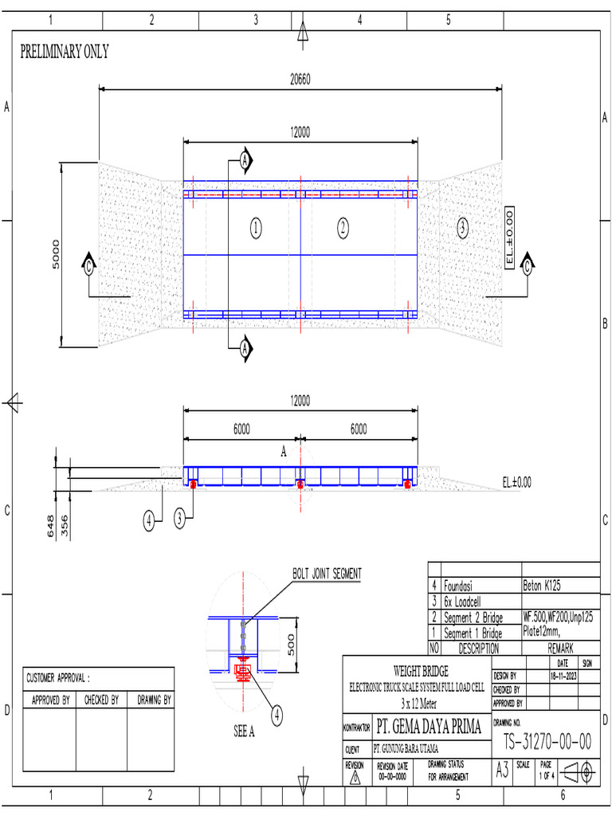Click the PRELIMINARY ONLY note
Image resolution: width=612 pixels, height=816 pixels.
(64, 53)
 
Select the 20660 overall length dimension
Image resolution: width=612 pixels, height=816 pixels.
(300, 80)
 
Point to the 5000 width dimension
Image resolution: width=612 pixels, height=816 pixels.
(55, 255)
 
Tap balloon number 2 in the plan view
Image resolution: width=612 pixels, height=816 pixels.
(343, 229)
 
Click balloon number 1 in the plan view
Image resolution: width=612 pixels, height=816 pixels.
(255, 229)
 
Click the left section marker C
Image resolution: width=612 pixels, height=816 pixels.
(88, 268)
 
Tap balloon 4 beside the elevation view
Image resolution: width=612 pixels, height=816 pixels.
(149, 521)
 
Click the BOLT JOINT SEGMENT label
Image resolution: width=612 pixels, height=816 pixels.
(327, 574)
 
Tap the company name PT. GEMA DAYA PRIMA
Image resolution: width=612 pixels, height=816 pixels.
(429, 727)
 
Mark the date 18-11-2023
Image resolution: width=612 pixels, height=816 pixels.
(562, 675)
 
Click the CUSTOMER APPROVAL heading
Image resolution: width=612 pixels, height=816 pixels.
(58, 678)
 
